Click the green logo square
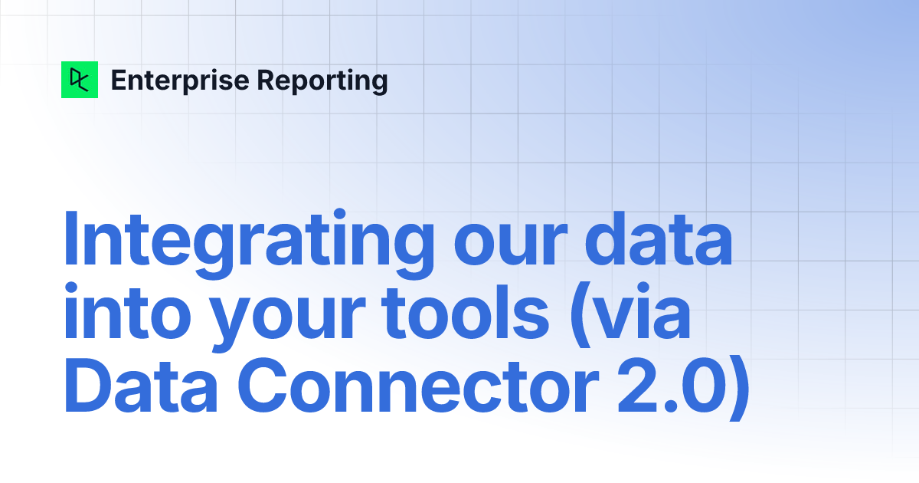coord(80,80)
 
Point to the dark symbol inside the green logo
coord(80,80)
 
